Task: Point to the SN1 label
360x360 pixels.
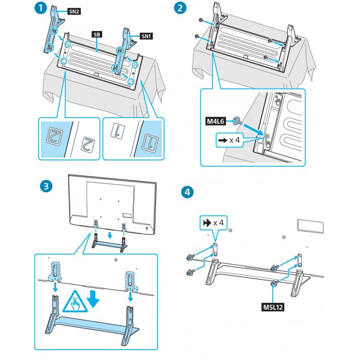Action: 147,36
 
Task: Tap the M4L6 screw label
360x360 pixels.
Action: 217,121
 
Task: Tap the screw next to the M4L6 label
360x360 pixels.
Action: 236,121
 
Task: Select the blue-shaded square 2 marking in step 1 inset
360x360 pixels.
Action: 53,133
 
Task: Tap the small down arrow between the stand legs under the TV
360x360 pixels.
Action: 110,234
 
